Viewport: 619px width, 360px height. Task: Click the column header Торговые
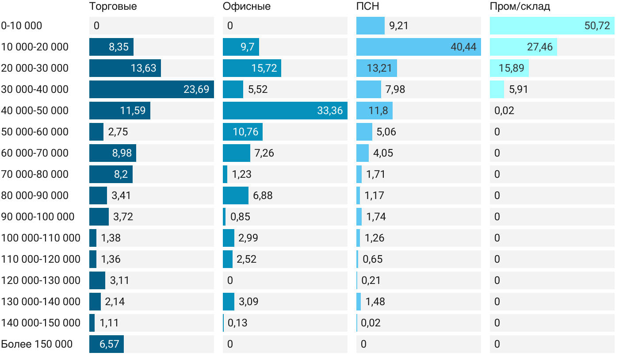(113, 7)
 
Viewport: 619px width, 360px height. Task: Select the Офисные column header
(246, 7)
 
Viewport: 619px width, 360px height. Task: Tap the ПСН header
(367, 7)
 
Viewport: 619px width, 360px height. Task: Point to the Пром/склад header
(520, 7)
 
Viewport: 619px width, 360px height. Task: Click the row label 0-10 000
(22, 26)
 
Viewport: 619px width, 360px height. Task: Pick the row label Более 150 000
(37, 344)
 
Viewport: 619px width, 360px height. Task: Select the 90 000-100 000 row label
(38, 217)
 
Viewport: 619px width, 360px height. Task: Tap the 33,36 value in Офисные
(330, 111)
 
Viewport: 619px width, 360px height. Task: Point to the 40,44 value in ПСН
(463, 47)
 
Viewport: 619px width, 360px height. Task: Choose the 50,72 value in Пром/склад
(597, 26)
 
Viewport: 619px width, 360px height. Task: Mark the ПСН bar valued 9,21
(371, 26)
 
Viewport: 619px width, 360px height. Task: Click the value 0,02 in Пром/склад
(504, 111)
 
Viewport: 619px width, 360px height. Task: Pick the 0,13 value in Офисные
(237, 323)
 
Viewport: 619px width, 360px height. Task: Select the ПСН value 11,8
(378, 111)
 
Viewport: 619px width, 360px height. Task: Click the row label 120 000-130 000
(41, 280)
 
